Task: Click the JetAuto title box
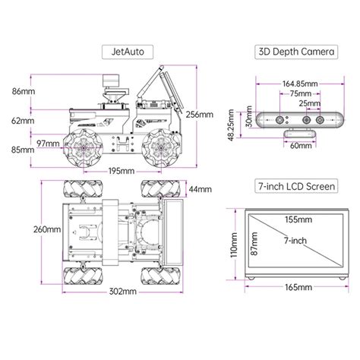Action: (x=128, y=52)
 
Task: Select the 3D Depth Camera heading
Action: (x=296, y=52)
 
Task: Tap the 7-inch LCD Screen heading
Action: (x=296, y=186)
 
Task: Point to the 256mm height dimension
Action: (x=200, y=115)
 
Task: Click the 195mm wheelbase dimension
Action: (x=122, y=171)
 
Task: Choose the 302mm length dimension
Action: (x=123, y=292)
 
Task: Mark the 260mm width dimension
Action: (x=47, y=229)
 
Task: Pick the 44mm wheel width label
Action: (x=201, y=189)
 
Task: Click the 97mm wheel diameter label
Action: (x=48, y=144)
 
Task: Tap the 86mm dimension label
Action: (x=24, y=91)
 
